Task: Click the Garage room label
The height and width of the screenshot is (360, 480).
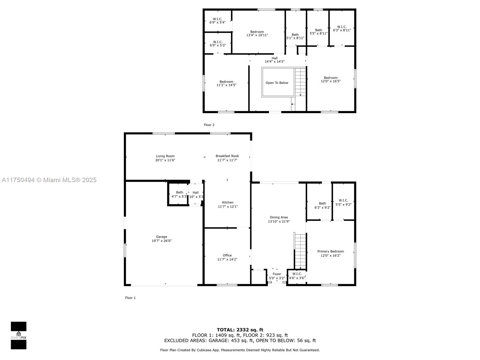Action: click(x=162, y=237)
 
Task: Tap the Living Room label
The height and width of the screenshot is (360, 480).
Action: click(x=165, y=156)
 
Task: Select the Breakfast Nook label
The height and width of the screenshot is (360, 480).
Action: click(x=227, y=156)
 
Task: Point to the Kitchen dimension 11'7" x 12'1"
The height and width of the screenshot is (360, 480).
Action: click(x=228, y=207)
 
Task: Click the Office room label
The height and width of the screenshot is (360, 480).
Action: click(x=227, y=255)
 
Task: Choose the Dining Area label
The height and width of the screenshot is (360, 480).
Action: click(x=279, y=217)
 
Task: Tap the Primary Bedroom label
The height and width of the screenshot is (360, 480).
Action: click(x=330, y=251)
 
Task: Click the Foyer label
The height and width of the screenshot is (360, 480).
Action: click(x=277, y=274)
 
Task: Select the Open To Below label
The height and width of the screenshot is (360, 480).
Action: click(x=277, y=83)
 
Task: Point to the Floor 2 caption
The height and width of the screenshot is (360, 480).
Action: click(x=209, y=125)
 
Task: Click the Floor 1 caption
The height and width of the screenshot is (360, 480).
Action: click(x=130, y=298)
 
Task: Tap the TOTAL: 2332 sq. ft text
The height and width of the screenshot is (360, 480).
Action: click(x=240, y=330)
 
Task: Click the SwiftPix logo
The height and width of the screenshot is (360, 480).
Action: click(x=19, y=335)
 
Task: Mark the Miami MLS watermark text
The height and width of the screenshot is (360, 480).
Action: click(x=49, y=180)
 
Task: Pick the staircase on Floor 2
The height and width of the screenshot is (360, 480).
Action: click(x=300, y=82)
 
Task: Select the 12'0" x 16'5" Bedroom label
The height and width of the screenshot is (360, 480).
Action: click(x=331, y=79)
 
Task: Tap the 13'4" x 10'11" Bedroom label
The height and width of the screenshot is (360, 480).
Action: click(x=257, y=33)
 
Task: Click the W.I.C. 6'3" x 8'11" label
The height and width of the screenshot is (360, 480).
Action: click(x=342, y=28)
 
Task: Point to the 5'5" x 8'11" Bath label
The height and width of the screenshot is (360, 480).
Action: click(x=319, y=32)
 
